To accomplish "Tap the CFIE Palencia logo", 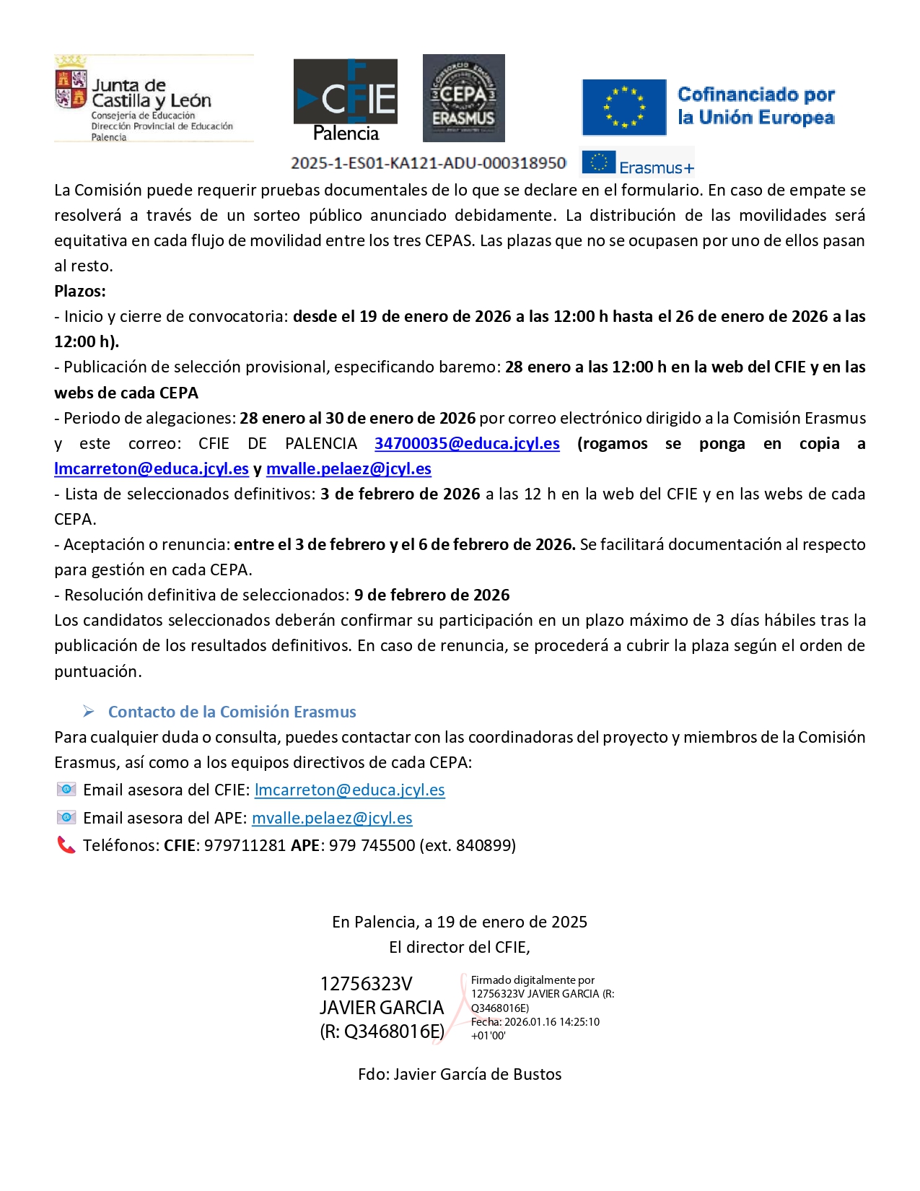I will pyautogui.click(x=346, y=100).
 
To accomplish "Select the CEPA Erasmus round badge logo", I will pyautogui.click(x=463, y=98).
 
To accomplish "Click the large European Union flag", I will pyautogui.click(x=624, y=108).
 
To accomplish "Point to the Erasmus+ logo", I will pyautogui.click(x=637, y=162).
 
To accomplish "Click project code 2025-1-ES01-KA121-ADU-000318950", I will pyautogui.click(x=429, y=163).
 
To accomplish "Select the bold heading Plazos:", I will pyautogui.click(x=80, y=292).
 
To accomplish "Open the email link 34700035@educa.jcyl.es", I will pyautogui.click(x=467, y=444).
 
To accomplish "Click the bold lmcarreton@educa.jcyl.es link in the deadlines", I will pyautogui.click(x=152, y=469).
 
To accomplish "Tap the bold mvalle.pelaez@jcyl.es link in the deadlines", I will pyautogui.click(x=349, y=469).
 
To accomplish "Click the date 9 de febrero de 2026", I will pyautogui.click(x=431, y=595).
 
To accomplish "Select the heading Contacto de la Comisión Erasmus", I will pyautogui.click(x=232, y=712).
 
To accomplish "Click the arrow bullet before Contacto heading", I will pyautogui.click(x=89, y=712).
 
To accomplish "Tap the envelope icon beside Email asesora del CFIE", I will pyautogui.click(x=66, y=790).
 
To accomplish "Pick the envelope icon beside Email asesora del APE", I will pyautogui.click(x=66, y=818).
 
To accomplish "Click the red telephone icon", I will pyautogui.click(x=66, y=845).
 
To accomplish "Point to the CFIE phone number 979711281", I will pyautogui.click(x=245, y=846).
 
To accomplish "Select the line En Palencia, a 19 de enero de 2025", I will pyautogui.click(x=460, y=922).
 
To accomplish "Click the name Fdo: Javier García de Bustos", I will pyautogui.click(x=460, y=1075).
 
